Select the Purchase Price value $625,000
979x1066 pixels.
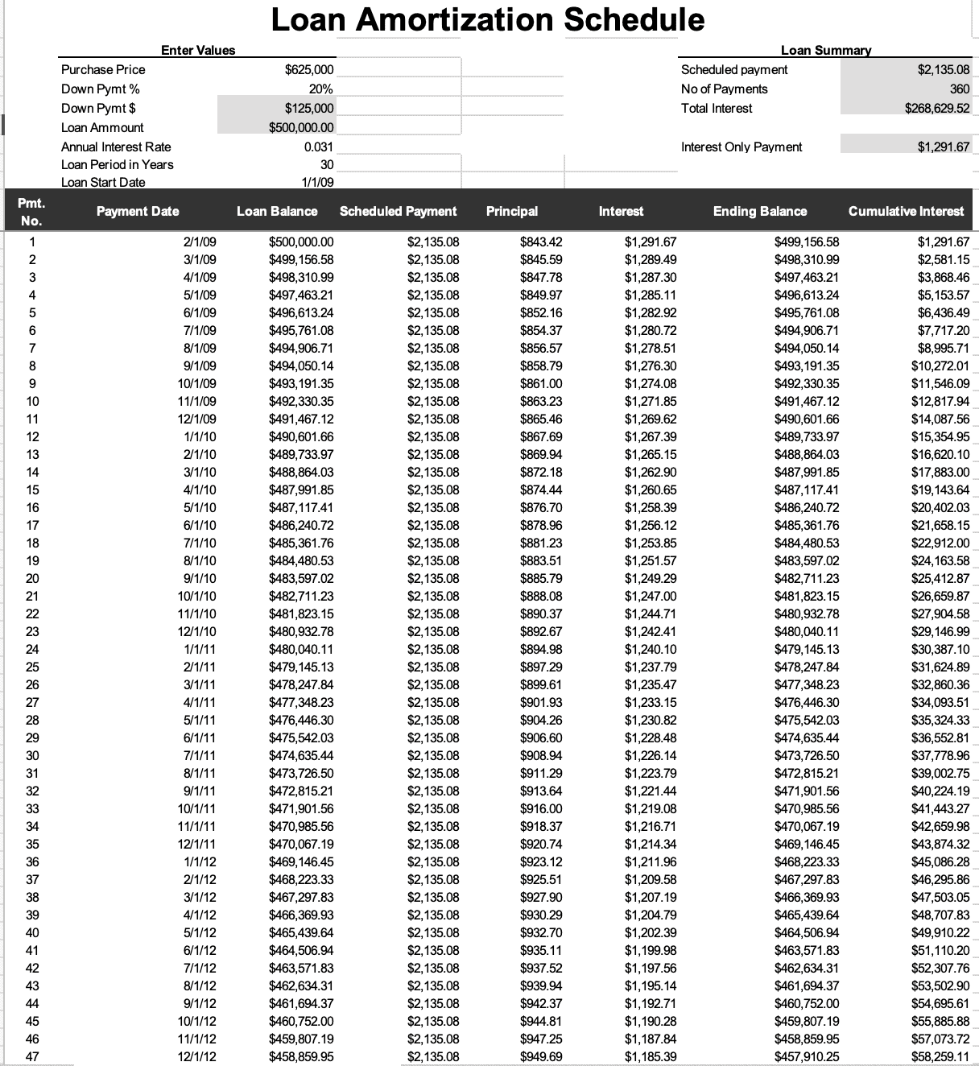[309, 70]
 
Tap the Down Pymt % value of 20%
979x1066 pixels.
[320, 89]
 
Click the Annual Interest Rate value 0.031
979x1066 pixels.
[318, 147]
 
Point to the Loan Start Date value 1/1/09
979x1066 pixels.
[317, 183]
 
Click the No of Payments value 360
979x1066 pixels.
[960, 89]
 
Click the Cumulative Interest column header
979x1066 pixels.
[906, 212]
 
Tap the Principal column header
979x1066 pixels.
[512, 212]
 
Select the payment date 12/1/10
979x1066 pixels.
[196, 632]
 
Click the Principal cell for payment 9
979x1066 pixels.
[541, 384]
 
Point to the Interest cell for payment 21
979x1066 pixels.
[651, 597]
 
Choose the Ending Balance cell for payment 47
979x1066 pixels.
[806, 1057]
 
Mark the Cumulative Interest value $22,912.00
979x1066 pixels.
[940, 543]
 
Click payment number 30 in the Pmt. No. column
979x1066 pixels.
[32, 756]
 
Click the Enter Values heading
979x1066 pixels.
[198, 51]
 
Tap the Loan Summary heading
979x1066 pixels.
[826, 51]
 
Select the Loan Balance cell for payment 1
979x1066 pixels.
[300, 242]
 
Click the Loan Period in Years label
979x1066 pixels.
[118, 165]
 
